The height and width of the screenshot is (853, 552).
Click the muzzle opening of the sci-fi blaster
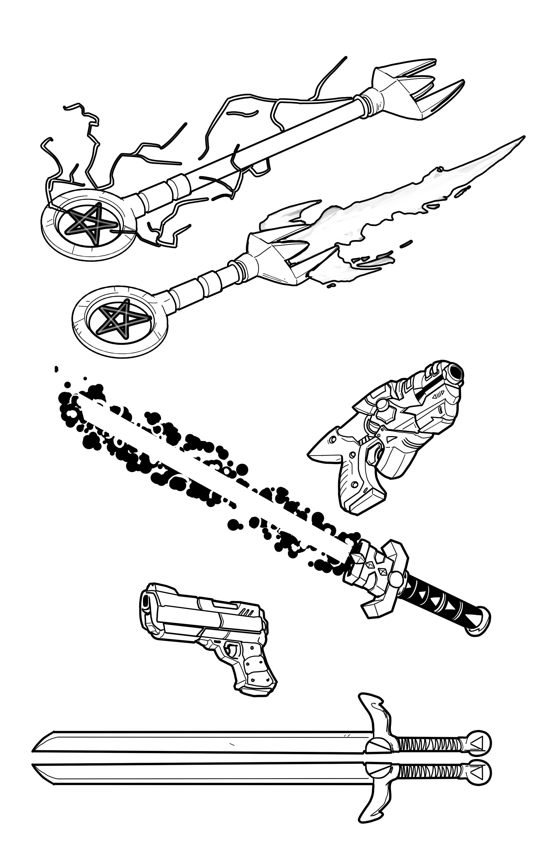click(x=455, y=372)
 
